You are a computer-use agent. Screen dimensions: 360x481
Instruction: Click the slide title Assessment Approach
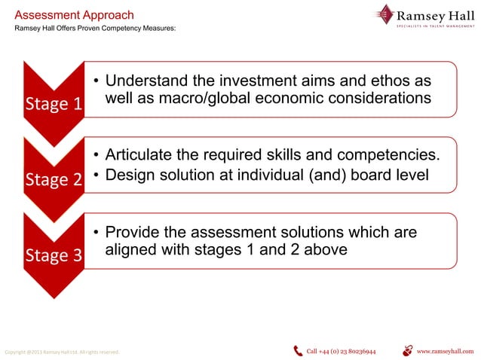(75, 15)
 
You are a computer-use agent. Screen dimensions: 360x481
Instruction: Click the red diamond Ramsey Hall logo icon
(387, 14)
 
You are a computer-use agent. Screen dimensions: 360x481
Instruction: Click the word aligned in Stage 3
(133, 250)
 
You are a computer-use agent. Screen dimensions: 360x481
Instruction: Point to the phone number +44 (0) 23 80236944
(341, 351)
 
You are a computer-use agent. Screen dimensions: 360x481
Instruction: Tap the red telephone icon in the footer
(298, 350)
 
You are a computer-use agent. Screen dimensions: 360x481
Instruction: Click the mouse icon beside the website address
(408, 350)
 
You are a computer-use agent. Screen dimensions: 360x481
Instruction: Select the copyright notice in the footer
(62, 352)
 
